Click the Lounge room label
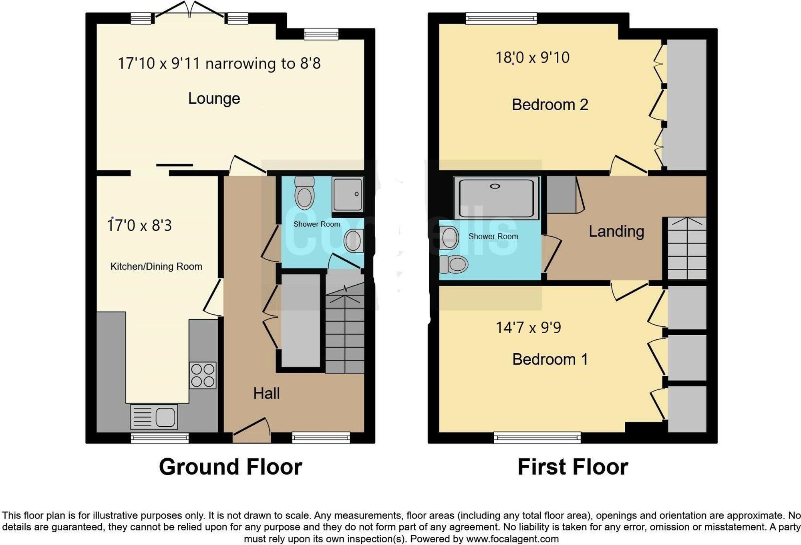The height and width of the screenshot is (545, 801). point(214,99)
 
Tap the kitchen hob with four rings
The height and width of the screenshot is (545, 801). point(203,375)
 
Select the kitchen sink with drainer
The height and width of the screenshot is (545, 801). point(154,417)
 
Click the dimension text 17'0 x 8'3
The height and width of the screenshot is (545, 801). point(139,225)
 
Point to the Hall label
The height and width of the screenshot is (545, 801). point(266,393)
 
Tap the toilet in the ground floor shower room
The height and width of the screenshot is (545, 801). point(304,194)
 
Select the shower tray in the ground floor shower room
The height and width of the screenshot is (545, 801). point(347,194)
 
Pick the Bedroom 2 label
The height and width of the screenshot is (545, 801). point(549,105)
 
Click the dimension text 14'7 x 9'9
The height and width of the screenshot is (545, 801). point(528,328)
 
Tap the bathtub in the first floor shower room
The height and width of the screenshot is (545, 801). point(496,199)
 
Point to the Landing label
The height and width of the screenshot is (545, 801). point(616,231)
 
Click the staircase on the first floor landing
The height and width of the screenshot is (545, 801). point(686,248)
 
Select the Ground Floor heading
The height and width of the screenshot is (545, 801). point(230,467)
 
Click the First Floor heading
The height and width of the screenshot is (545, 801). point(573,467)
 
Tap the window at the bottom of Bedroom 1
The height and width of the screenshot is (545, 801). point(537,437)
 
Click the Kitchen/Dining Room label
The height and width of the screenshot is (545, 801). point(156,267)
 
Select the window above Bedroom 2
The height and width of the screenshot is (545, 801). point(501,18)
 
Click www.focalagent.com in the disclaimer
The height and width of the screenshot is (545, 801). point(512,539)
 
